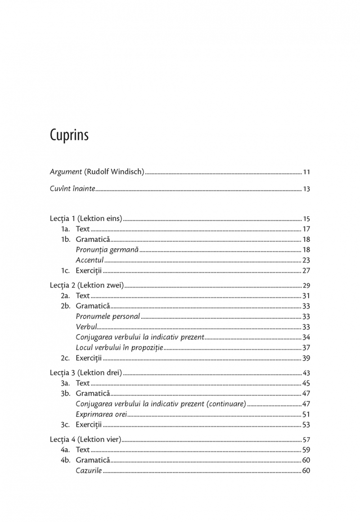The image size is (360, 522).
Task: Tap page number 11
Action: (x=306, y=172)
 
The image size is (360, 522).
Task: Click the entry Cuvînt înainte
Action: (x=72, y=188)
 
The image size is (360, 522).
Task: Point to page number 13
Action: (x=306, y=189)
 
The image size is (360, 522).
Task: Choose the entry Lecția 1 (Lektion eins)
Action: (x=86, y=219)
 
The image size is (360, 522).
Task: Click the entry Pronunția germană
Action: (x=107, y=250)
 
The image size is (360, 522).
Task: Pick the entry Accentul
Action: (x=90, y=260)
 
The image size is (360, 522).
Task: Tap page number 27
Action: (x=306, y=271)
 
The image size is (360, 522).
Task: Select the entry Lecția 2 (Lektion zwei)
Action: (x=87, y=286)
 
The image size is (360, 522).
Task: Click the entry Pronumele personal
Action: (x=108, y=317)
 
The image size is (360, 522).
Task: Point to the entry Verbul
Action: (x=86, y=327)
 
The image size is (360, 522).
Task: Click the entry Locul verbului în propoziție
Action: (x=119, y=348)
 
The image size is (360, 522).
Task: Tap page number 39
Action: (x=306, y=358)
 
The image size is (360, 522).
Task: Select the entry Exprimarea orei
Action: (x=102, y=414)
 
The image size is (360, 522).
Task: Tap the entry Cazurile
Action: (x=89, y=471)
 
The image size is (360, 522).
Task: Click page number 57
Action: (x=306, y=440)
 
